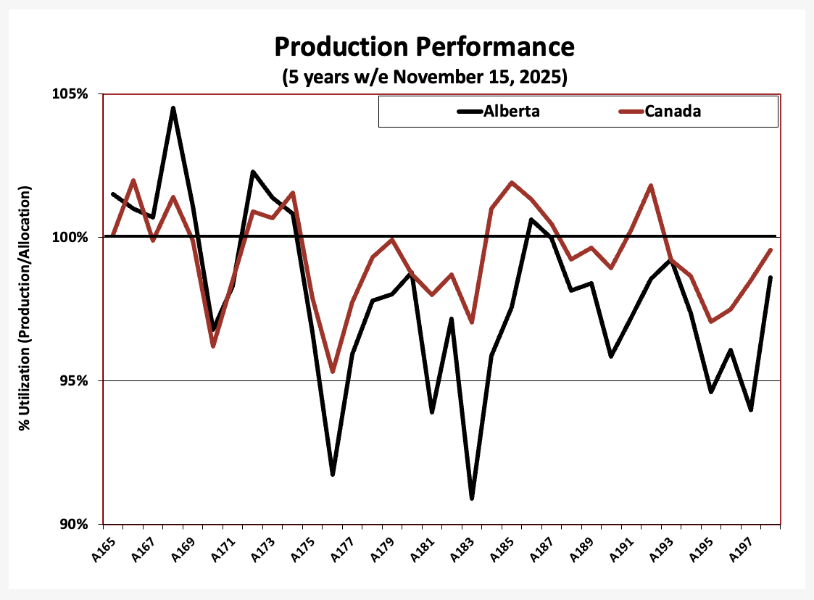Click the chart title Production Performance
tap(423, 47)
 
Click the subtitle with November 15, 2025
tap(423, 76)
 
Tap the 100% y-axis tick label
tap(72, 237)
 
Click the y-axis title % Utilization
tap(25, 309)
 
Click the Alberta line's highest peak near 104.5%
tap(173, 108)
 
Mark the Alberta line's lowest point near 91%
tap(472, 499)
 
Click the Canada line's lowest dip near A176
tap(333, 372)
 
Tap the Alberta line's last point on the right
tap(771, 278)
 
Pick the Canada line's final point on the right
tap(771, 250)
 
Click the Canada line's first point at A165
tap(114, 236)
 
